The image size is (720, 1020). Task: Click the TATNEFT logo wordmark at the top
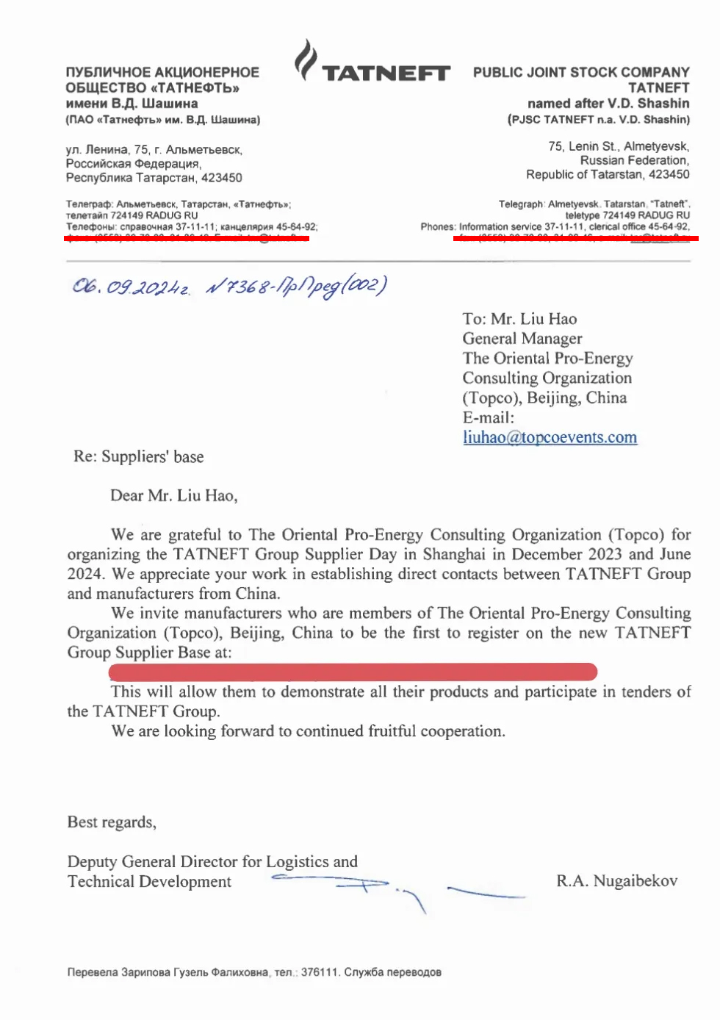[x=386, y=73]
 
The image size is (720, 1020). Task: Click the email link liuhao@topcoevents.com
[x=550, y=437]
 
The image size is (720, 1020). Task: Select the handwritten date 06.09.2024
[x=131, y=286]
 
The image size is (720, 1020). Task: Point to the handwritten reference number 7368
[x=248, y=287]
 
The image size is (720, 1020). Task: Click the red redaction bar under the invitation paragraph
[x=353, y=672]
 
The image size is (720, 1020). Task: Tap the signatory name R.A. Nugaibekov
[x=616, y=880]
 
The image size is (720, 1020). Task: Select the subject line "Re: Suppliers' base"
[x=139, y=456]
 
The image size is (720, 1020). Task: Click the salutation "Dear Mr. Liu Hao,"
[x=174, y=495]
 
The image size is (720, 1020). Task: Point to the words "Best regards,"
[x=112, y=822]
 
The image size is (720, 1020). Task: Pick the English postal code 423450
[x=667, y=174]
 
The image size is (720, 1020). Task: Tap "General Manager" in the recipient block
[x=522, y=338]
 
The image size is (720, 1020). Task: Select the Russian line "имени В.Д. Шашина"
[x=132, y=103]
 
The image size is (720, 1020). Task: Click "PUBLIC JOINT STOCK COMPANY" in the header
[x=581, y=72]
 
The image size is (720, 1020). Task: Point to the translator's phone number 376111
[x=320, y=972]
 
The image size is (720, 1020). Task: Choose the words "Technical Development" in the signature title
[x=149, y=881]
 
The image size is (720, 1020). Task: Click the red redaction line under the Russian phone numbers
[x=187, y=238]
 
